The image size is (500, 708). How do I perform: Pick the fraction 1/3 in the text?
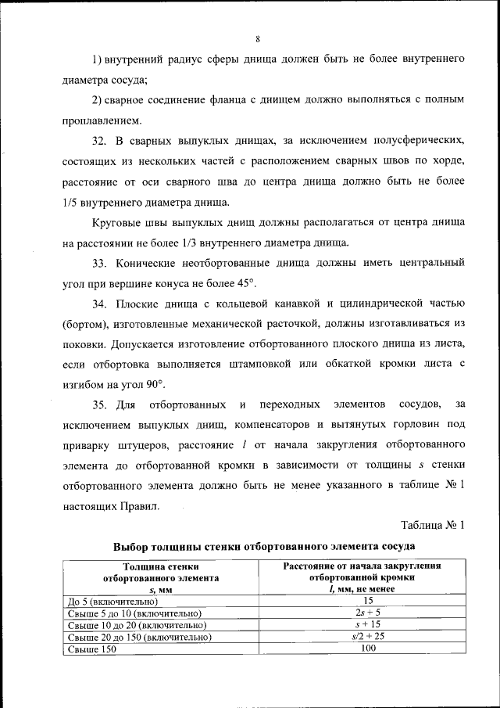[x=209, y=242]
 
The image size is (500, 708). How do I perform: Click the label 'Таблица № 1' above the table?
[x=433, y=525]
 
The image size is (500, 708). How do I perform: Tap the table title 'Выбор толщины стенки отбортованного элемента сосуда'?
[x=263, y=545]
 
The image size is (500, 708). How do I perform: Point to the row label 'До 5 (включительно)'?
[x=113, y=601]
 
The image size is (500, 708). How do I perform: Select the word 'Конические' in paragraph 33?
[x=148, y=261]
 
